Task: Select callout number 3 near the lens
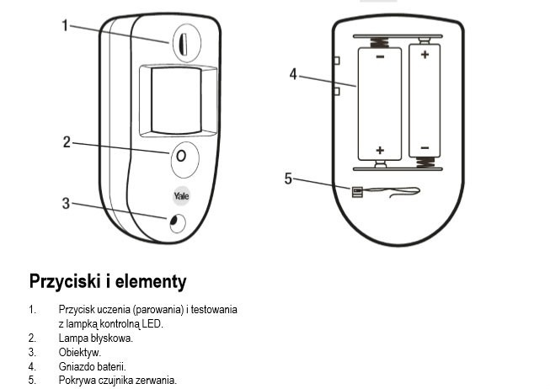(66, 202)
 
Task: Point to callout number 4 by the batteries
(293, 74)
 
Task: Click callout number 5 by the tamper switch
(288, 179)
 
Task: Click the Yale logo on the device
(181, 195)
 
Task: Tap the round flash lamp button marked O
(182, 157)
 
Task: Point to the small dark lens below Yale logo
(176, 222)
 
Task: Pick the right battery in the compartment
(425, 101)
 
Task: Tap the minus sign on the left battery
(380, 57)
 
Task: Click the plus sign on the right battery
(425, 55)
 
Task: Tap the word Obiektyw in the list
(80, 352)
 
